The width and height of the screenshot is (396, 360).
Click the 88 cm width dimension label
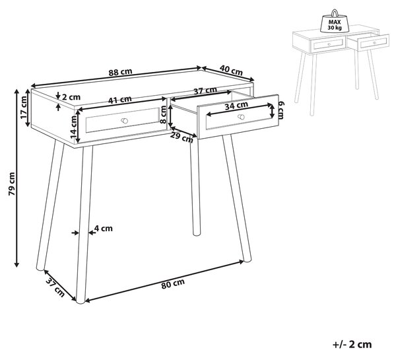pos(121,72)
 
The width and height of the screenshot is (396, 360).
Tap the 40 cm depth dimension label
pos(231,70)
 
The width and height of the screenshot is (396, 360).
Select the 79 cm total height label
pos(12,184)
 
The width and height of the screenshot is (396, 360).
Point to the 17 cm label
pos(24,108)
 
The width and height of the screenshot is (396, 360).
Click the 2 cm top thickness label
pos(71,97)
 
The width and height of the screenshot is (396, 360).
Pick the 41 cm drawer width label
pos(119,100)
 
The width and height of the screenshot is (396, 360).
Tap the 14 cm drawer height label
pos(73,127)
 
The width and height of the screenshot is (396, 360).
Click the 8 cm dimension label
pos(164,114)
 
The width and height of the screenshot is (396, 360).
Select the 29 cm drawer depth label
pos(181,137)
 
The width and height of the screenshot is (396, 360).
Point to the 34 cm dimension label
pos(236,106)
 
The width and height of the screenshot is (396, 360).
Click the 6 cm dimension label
pos(281,110)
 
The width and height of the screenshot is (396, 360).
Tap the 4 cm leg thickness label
pos(104,229)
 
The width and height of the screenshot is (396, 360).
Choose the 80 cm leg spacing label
pos(173,284)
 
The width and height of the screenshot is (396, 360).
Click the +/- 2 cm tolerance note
pos(352,344)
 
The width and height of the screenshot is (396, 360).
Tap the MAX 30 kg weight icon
pos(335,21)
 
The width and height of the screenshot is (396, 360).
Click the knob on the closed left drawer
pos(124,121)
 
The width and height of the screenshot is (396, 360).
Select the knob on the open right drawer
pos(241,117)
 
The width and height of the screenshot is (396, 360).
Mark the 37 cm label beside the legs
pos(55,287)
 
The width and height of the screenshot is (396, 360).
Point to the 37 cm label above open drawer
pos(205,90)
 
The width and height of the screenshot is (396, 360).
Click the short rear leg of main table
pos(195,187)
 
